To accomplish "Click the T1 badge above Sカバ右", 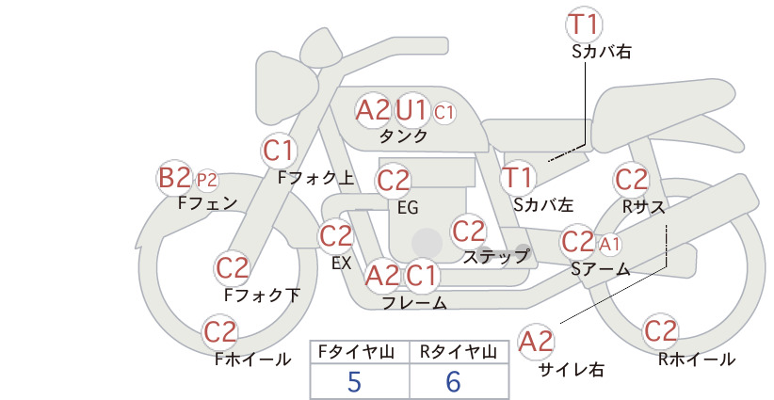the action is [584, 24].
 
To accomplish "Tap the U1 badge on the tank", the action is [411, 109].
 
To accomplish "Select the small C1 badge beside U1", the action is [443, 112].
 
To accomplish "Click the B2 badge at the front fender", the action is [174, 178].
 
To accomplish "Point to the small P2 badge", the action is [207, 181].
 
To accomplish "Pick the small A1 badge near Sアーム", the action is [609, 244].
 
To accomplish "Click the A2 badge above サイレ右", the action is [536, 342].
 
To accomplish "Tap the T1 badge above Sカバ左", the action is [518, 178].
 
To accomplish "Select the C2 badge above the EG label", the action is [394, 181].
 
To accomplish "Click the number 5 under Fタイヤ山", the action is [354, 381].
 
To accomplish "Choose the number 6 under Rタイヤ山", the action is [453, 381].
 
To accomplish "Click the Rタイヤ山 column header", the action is [459, 352].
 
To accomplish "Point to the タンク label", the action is [403, 136].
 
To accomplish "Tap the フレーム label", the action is [414, 302].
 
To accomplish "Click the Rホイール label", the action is [697, 360].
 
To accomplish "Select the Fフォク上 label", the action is [316, 178].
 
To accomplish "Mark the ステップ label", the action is [495, 257].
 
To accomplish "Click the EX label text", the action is [342, 263].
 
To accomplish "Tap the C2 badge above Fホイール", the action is [220, 332].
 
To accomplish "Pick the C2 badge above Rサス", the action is [631, 179].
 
